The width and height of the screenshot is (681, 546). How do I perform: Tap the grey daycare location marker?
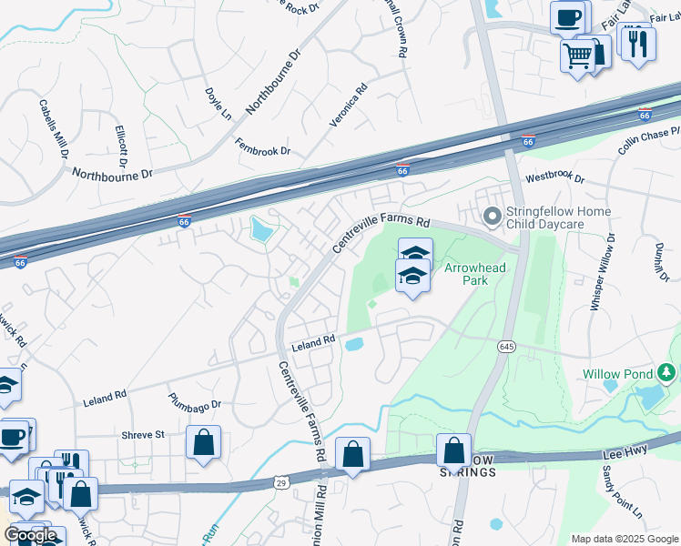[493, 217]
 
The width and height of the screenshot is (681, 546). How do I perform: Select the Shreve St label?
[143, 435]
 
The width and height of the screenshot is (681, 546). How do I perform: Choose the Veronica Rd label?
[348, 105]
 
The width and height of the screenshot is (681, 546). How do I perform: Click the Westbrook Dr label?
[554, 178]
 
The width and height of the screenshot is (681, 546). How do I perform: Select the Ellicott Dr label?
[120, 145]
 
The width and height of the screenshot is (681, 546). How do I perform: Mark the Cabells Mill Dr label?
[52, 127]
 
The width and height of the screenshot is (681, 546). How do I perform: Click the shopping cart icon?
[577, 56]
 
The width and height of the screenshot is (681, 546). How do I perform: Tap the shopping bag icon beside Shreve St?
[204, 441]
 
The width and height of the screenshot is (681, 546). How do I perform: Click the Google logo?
[30, 535]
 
